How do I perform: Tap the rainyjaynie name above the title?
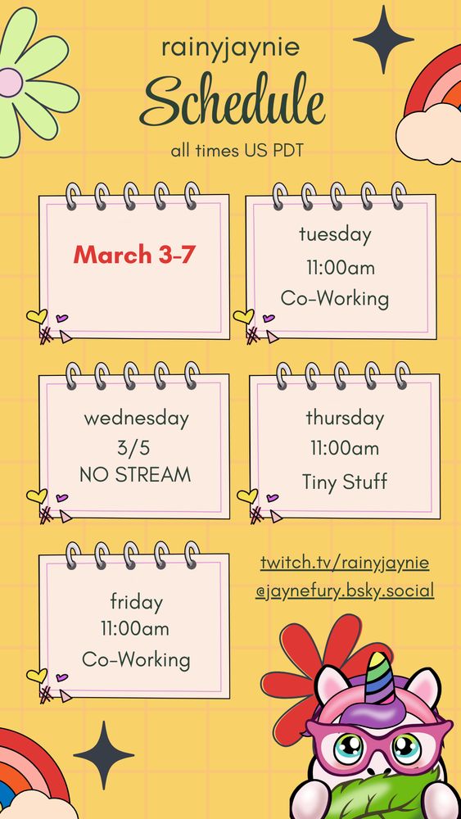(231, 48)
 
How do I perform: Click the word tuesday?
(335, 234)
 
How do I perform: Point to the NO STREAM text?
(135, 475)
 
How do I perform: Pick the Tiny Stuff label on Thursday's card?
(345, 481)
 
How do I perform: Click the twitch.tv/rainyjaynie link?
(345, 563)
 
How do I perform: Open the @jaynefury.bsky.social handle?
(345, 591)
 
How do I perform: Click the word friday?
(136, 602)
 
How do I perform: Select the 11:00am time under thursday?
(345, 448)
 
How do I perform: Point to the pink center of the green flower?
(11, 83)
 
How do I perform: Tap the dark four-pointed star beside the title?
(384, 39)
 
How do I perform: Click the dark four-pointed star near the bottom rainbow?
(104, 754)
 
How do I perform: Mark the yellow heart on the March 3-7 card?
(37, 316)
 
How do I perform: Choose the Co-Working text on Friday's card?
(136, 659)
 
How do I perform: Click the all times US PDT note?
(237, 151)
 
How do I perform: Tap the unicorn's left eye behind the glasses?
(349, 749)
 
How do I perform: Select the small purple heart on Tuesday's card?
(269, 318)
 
